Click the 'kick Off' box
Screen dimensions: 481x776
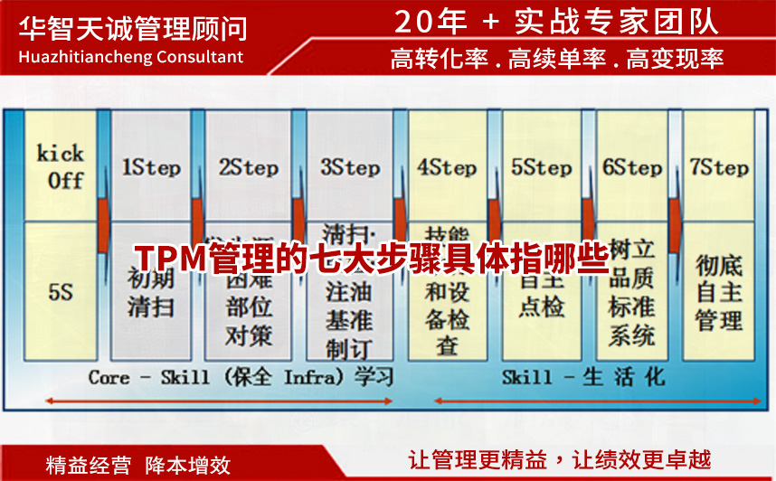(x=60, y=166)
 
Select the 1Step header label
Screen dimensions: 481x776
(x=151, y=168)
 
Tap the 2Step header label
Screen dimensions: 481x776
(x=249, y=168)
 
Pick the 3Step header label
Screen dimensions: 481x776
(x=349, y=168)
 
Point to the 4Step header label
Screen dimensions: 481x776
(x=447, y=168)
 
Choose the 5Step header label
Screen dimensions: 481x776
(x=541, y=168)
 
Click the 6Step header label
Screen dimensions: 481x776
(x=632, y=168)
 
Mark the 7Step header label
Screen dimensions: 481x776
(x=719, y=168)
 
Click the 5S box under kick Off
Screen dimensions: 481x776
(x=60, y=291)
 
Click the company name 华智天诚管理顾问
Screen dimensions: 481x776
(x=132, y=26)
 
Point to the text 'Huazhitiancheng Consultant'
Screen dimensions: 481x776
(x=131, y=57)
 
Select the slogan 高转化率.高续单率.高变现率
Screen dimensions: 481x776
(x=557, y=60)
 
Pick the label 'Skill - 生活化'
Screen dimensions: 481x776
(x=583, y=376)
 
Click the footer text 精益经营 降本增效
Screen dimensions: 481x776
(x=138, y=465)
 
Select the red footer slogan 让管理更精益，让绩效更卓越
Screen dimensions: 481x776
(x=560, y=459)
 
